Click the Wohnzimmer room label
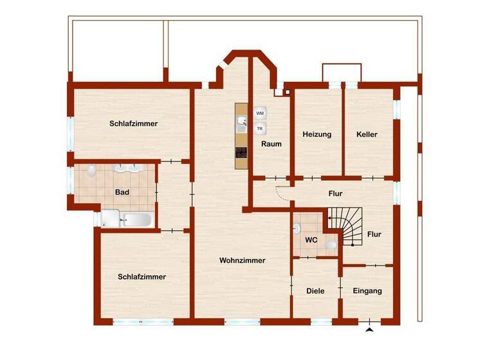(242, 260)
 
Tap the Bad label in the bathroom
(122, 192)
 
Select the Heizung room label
(316, 134)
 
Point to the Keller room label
(367, 134)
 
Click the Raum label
(271, 144)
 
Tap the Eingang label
(367, 291)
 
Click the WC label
(311, 240)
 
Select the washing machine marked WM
(261, 113)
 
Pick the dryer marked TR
(261, 129)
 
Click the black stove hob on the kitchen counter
(241, 152)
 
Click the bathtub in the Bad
(136, 220)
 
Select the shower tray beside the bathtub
(110, 219)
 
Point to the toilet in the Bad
(93, 170)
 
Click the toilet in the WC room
(331, 245)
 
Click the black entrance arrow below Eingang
(369, 330)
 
